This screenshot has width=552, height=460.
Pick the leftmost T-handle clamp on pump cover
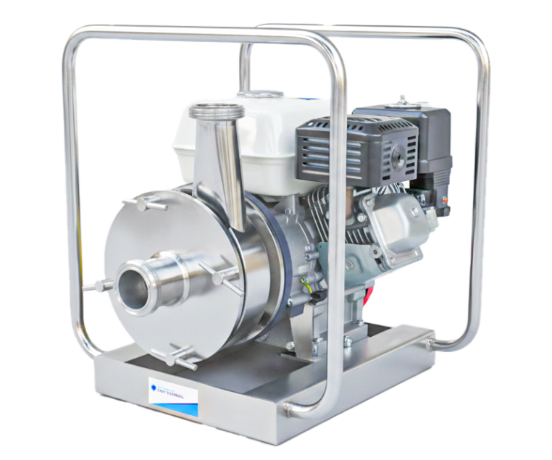93,287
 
